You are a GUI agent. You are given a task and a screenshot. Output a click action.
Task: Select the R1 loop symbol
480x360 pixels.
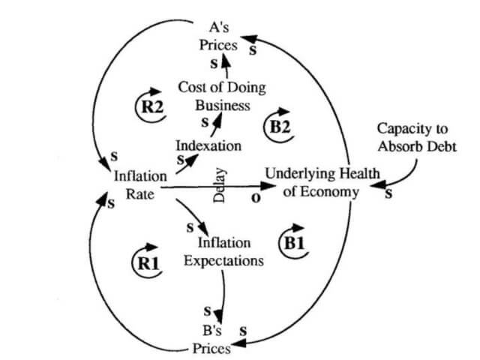click(x=146, y=262)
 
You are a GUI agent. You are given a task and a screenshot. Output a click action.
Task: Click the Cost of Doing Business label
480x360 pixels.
click(x=214, y=97)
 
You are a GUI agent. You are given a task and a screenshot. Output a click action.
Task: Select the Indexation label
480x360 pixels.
click(x=208, y=144)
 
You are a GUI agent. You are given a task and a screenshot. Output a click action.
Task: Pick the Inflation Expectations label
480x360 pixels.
click(x=223, y=252)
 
